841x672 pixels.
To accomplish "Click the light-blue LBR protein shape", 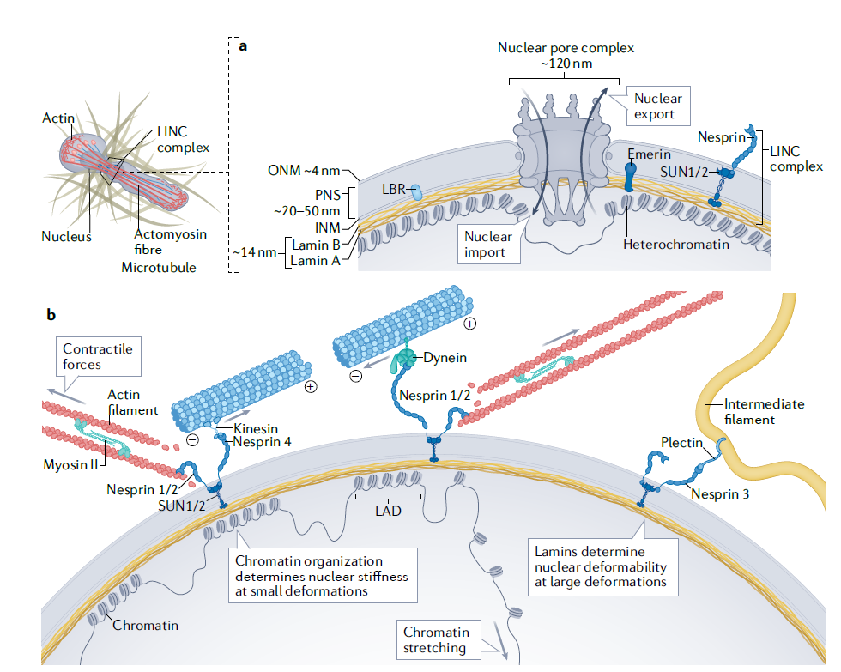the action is pos(416,192).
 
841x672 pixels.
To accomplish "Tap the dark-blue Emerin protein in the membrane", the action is pos(631,177).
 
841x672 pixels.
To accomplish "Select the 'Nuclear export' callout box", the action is pos(657,106).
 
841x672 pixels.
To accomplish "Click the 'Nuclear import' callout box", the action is pos(488,244).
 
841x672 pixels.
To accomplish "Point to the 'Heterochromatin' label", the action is pos(676,245).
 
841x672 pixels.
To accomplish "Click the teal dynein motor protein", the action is pos(404,359).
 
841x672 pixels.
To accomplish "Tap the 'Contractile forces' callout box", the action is pos(99,357).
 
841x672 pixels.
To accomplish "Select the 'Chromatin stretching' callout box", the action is pos(439,640).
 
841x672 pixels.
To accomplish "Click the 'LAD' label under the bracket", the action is pos(388,511).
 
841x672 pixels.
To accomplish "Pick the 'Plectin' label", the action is pos(681,443).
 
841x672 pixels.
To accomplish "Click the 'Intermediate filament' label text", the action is pos(765,411).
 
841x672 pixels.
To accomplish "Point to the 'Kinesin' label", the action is pos(256,428).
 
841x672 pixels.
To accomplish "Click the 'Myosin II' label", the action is pos(70,464).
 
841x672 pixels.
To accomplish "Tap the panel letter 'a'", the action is pos(243,46).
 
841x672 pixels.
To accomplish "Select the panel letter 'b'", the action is pos(51,314).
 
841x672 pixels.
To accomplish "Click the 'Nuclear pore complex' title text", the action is pos(566,48).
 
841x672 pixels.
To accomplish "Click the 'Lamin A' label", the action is pos(316,261).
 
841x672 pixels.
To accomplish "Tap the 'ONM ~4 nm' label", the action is pos(304,171).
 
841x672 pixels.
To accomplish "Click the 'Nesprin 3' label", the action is pos(720,494).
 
